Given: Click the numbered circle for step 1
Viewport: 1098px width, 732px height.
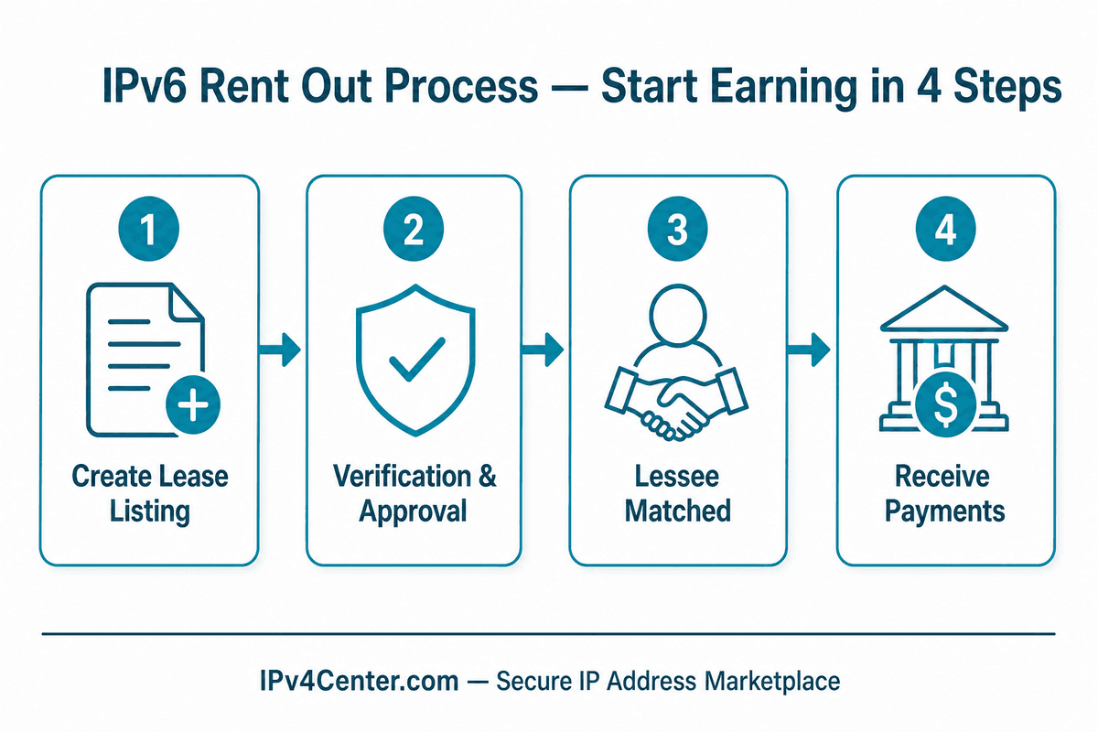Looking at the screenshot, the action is (148, 229).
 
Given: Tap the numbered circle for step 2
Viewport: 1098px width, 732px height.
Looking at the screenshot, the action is (414, 229).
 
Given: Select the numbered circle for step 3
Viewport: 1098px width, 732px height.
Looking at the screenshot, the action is (677, 229).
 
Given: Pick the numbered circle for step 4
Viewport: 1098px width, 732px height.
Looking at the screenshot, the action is (945, 229).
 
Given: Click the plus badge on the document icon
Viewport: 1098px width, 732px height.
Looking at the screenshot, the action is (193, 405).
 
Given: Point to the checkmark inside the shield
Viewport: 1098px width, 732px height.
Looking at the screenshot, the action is (417, 360).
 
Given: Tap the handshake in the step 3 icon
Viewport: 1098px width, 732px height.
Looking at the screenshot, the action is (676, 403).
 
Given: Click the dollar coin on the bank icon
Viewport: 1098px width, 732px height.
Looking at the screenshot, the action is (945, 404).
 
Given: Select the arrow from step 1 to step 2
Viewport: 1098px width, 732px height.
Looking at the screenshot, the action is (279, 350).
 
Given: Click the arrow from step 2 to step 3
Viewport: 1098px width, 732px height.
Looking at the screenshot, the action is (543, 350).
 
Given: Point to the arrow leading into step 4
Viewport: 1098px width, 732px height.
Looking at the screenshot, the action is (809, 350).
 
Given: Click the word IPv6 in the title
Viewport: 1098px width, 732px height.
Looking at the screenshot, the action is (145, 86).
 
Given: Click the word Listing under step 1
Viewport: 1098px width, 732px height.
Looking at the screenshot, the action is (149, 512).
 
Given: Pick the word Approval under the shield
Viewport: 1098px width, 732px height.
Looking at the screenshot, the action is (414, 512).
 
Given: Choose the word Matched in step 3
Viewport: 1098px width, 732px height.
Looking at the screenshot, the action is (678, 511).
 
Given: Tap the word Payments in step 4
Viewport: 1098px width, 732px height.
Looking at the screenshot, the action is (945, 512).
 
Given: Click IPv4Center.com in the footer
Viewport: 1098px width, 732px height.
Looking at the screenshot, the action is (360, 681).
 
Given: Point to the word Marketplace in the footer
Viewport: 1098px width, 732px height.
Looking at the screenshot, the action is (772, 683).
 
